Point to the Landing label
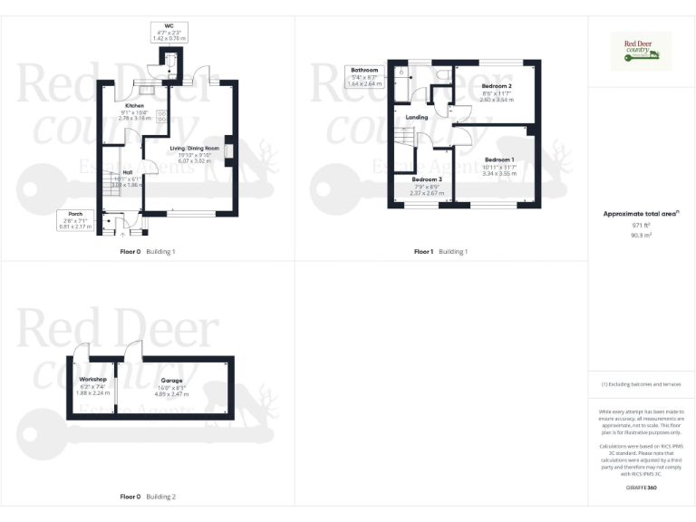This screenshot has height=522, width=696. point(417,117)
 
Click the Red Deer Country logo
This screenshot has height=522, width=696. point(642,51)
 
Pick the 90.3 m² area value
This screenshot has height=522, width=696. point(642,234)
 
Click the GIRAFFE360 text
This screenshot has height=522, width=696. point(642,488)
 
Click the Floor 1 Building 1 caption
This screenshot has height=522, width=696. point(440,251)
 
